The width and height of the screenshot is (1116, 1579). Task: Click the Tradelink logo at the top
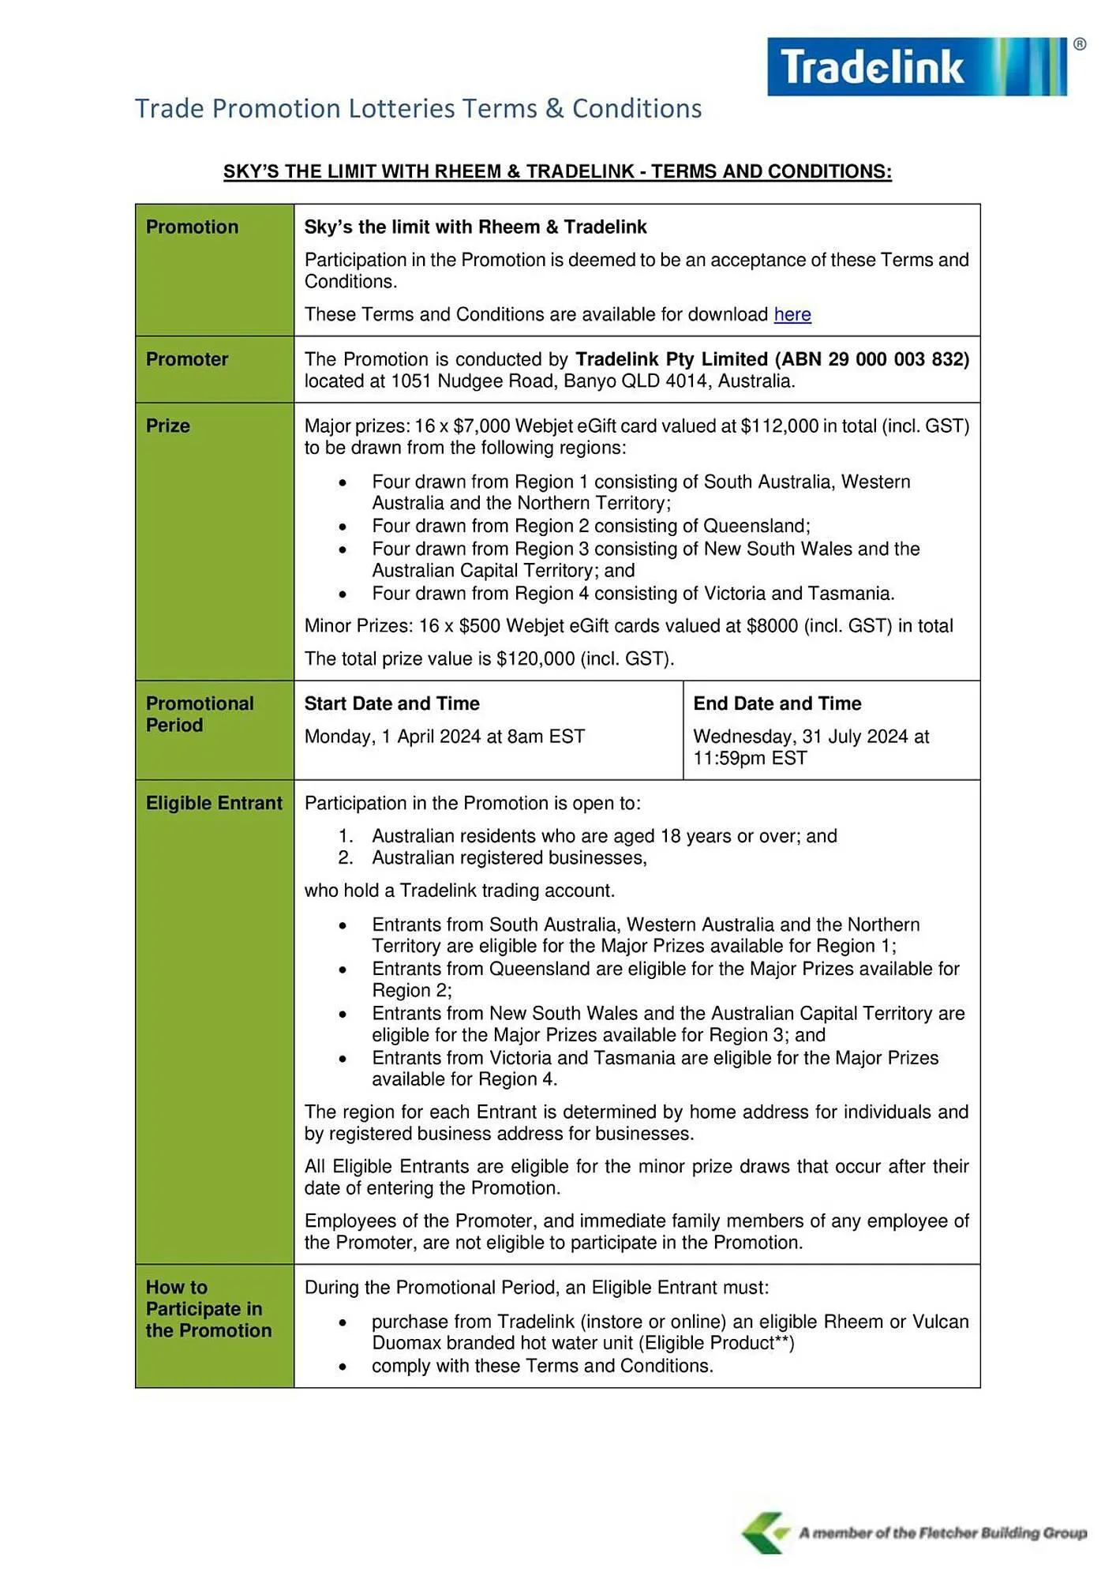(x=916, y=66)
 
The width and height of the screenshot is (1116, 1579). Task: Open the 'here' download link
(x=792, y=314)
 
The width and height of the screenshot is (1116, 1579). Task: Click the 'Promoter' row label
(x=187, y=359)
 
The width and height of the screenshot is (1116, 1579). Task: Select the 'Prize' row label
(x=168, y=426)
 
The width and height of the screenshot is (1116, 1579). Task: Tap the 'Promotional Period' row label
(x=200, y=714)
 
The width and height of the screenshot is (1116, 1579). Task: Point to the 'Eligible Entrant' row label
(x=214, y=803)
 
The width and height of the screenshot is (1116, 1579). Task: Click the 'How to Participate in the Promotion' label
(x=208, y=1308)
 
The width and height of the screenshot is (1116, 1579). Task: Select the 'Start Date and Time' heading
(x=391, y=703)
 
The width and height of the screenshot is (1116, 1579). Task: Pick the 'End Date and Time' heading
(x=777, y=703)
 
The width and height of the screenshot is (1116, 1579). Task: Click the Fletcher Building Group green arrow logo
(x=764, y=1532)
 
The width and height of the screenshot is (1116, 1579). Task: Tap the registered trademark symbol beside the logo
(x=1080, y=44)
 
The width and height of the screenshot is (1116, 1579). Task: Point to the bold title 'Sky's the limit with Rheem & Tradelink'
(x=475, y=227)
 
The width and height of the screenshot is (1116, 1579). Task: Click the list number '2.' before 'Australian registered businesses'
(x=345, y=857)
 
